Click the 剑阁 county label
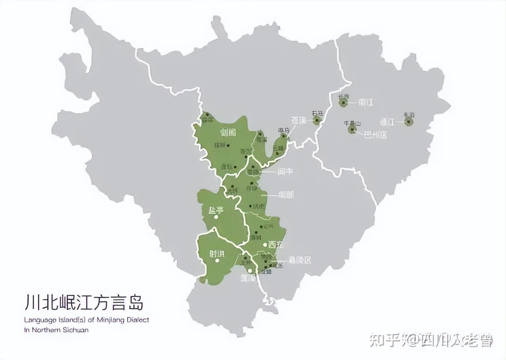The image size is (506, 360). click(228, 132)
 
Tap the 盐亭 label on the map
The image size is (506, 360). click(216, 210)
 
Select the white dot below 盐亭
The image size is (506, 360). click(216, 217)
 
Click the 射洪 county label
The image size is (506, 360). click(217, 254)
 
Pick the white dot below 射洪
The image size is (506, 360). click(217, 261)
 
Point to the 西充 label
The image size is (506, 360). click(276, 245)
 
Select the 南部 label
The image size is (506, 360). click(286, 195)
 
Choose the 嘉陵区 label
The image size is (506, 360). click(300, 260)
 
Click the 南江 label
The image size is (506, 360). click(366, 102)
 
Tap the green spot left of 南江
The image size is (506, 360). click(343, 103)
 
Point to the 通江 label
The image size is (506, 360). click(387, 121)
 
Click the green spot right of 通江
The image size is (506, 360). click(409, 122)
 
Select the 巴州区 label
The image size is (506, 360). click(375, 135)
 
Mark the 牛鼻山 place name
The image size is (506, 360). click(353, 123)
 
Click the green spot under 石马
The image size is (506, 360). click(317, 121)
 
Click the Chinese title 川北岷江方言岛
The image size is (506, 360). click(83, 303)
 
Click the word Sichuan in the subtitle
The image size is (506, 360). click(75, 330)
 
